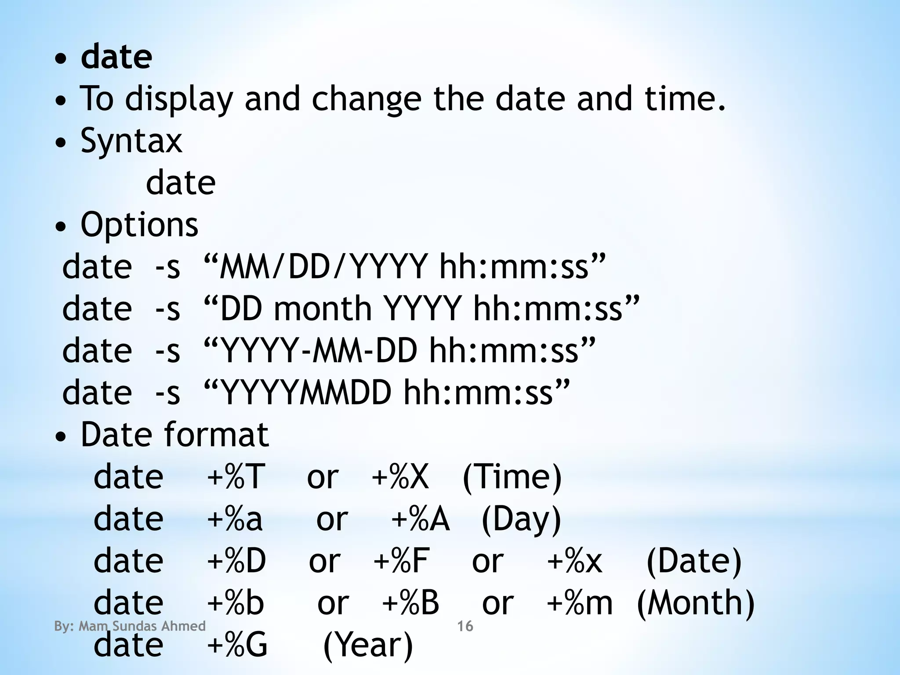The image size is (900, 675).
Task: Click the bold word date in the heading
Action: pyautogui.click(x=116, y=57)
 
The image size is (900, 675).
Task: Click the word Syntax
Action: pyautogui.click(x=131, y=141)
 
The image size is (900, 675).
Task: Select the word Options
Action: pyautogui.click(x=139, y=225)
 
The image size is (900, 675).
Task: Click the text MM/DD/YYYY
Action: pyautogui.click(x=323, y=267)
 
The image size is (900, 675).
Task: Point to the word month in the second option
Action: pyautogui.click(x=323, y=308)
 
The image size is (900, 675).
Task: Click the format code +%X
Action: pyautogui.click(x=400, y=477)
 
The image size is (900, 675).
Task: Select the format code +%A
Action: pyautogui.click(x=420, y=519)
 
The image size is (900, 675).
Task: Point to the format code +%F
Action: pyautogui.click(x=401, y=561)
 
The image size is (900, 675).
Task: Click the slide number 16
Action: pyautogui.click(x=465, y=626)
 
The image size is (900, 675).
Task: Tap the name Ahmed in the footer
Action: pyautogui.click(x=184, y=626)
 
